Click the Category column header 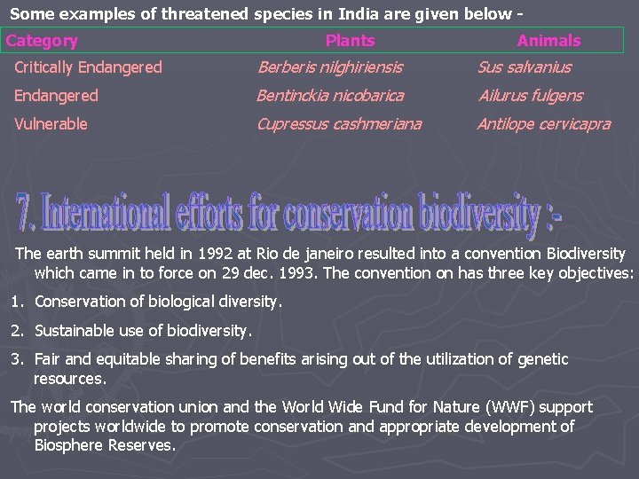tap(42, 41)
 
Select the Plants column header tap(350, 41)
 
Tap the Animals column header tap(548, 41)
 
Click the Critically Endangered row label tap(89, 67)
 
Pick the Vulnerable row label tap(51, 124)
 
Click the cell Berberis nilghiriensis tap(329, 67)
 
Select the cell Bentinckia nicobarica tap(330, 96)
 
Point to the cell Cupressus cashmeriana tap(339, 124)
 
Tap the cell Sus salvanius tap(525, 67)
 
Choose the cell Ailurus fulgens tap(530, 96)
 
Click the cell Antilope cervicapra tap(544, 124)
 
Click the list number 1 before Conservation tap(16, 302)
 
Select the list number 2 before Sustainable tap(16, 331)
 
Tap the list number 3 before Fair tap(16, 359)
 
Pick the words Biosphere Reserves tap(104, 445)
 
